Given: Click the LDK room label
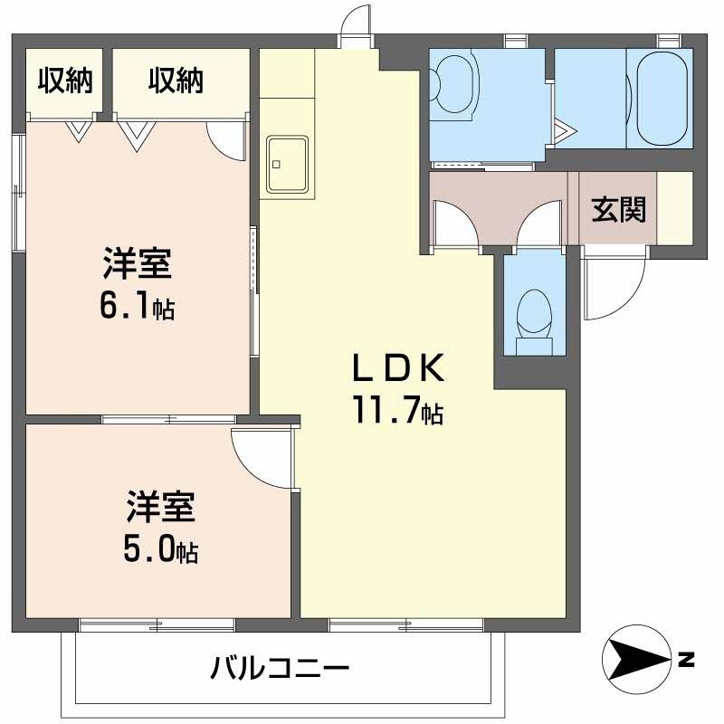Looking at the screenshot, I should (398, 368).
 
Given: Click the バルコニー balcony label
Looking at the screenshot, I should (280, 671).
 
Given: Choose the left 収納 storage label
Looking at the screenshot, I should (64, 81).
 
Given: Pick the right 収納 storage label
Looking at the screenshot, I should (176, 81).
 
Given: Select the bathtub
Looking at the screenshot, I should (664, 100).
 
